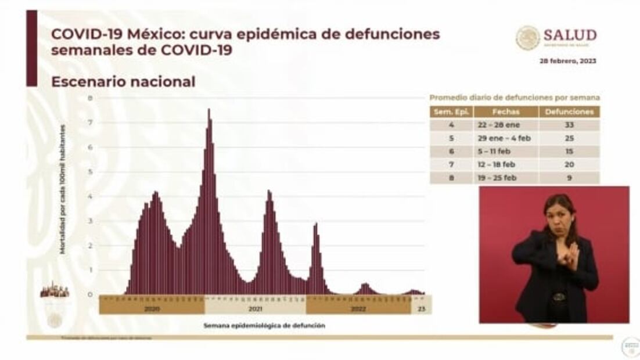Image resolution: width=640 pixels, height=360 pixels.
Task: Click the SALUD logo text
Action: (x=570, y=35)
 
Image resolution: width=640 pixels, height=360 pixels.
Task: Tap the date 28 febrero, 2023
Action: (x=567, y=61)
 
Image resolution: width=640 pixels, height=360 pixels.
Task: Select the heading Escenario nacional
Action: (x=123, y=82)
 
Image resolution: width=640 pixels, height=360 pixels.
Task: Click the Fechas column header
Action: (x=506, y=111)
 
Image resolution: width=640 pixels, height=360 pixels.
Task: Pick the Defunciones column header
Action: (x=570, y=111)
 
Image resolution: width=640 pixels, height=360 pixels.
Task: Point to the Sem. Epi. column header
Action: (x=451, y=111)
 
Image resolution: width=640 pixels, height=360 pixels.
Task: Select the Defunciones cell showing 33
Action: (x=570, y=125)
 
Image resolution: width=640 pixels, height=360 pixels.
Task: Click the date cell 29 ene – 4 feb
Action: (x=506, y=138)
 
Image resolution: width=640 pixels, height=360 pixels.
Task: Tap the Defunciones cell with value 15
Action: (x=570, y=152)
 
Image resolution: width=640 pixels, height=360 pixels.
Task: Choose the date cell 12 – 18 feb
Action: (x=506, y=165)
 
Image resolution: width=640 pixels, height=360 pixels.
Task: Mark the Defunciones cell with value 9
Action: (x=570, y=178)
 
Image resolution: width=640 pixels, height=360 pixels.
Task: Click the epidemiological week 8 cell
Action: (x=451, y=178)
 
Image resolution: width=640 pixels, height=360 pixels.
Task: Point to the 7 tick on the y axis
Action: (x=90, y=123)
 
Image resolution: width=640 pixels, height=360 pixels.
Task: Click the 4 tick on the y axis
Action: (x=90, y=196)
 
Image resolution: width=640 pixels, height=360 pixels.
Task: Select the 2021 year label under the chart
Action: (x=255, y=309)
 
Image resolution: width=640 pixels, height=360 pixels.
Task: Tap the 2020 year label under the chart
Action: (x=152, y=309)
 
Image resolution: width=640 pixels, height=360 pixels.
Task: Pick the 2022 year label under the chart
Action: (x=358, y=309)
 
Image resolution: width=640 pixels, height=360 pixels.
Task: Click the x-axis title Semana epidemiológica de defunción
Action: (x=264, y=326)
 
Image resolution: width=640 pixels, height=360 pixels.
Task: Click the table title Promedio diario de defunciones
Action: (x=515, y=98)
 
